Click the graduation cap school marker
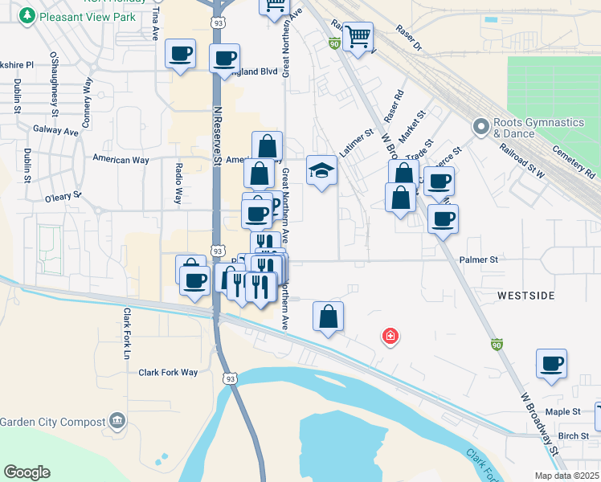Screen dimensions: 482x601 tap(321, 170)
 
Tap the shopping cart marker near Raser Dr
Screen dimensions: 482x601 tap(358, 35)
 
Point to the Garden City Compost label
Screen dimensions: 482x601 tap(53, 422)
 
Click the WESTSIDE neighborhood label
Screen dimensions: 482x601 tap(525, 296)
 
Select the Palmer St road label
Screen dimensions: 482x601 tap(479, 260)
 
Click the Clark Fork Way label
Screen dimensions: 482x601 tap(168, 372)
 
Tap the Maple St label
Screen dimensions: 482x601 tap(562, 411)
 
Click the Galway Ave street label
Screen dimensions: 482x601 tap(55, 129)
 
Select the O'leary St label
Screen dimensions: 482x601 tap(63, 195)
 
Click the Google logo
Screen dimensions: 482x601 tap(27, 472)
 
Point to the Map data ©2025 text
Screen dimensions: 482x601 tap(566, 475)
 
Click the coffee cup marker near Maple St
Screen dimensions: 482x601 tap(551, 364)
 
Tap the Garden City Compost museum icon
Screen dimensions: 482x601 tap(117, 420)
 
